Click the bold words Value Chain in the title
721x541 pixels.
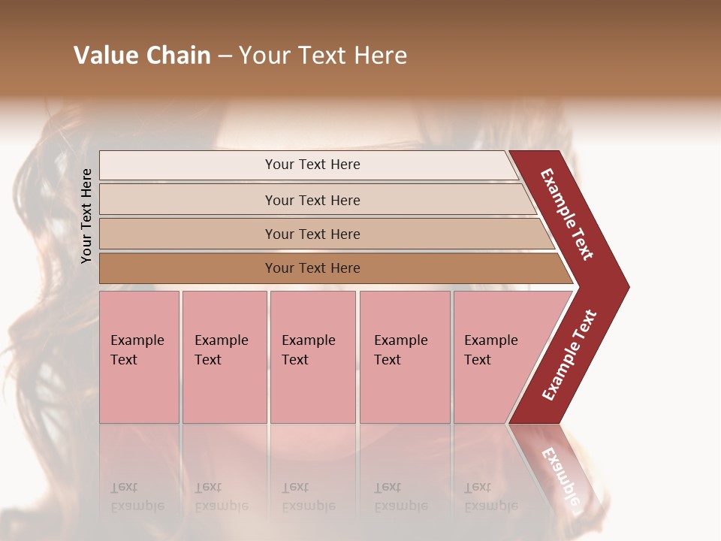(142, 56)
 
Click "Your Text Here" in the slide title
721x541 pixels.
(323, 56)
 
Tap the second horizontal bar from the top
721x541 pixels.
(312, 200)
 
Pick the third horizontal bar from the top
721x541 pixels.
(312, 234)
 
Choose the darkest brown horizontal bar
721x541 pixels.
(312, 268)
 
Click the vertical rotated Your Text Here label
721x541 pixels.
(86, 216)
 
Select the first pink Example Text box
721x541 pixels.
(139, 357)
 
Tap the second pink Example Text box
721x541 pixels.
(224, 357)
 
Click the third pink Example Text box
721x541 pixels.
(312, 357)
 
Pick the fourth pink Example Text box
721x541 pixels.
(404, 357)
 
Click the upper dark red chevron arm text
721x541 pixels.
(567, 214)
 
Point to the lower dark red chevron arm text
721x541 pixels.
(569, 355)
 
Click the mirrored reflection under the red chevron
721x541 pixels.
(560, 470)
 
